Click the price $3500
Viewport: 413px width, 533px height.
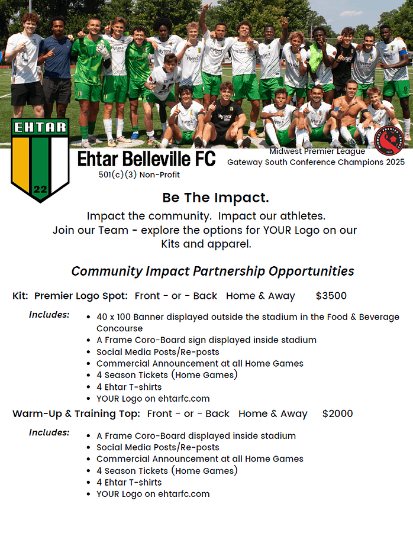click(331, 296)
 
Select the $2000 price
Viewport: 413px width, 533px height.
click(337, 414)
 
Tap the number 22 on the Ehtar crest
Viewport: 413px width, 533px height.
click(41, 189)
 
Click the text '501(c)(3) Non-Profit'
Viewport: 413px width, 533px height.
click(139, 175)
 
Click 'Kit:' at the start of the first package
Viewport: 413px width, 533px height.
click(20, 296)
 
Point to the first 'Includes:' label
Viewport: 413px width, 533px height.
click(49, 315)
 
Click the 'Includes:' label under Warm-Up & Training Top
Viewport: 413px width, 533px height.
click(49, 432)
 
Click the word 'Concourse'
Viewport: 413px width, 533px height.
click(120, 328)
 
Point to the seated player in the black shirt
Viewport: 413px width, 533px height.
click(225, 115)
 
